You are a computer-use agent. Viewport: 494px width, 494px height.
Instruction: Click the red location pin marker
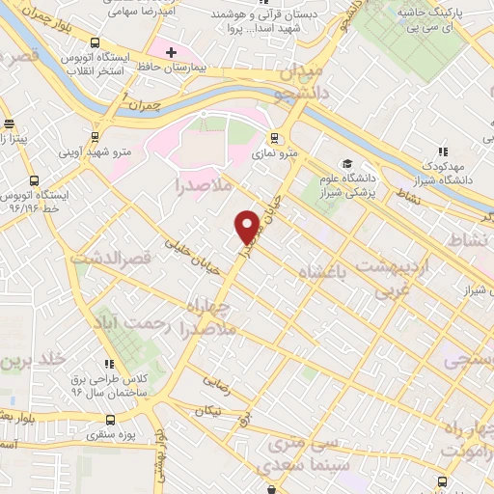[248, 227]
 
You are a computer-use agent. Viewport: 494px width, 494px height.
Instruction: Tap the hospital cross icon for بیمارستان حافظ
[171, 51]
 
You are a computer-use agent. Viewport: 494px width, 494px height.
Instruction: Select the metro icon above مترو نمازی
[275, 137]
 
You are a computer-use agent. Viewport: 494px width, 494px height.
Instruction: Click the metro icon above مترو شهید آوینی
[95, 137]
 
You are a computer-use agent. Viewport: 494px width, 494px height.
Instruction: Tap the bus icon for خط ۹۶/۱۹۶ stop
[35, 180]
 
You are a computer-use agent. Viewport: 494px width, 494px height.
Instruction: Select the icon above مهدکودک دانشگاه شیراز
[443, 151]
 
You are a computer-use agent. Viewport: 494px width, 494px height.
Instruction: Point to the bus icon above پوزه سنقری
[109, 420]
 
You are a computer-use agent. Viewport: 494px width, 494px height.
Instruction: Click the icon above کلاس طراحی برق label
[109, 364]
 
